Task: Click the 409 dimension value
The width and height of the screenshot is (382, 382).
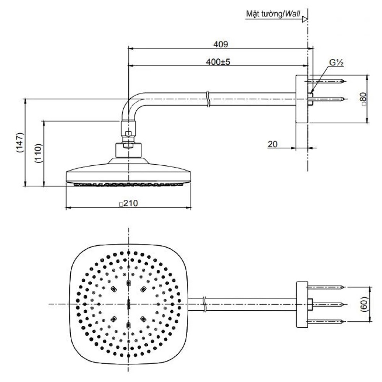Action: (221, 44)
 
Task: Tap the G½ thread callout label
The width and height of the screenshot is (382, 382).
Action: (336, 63)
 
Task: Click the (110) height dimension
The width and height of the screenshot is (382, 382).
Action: (39, 153)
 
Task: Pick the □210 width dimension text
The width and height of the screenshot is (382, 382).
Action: (128, 204)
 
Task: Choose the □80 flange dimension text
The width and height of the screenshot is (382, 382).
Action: (363, 99)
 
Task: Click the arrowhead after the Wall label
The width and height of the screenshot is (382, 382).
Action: (304, 18)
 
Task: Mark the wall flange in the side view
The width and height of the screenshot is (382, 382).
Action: (301, 99)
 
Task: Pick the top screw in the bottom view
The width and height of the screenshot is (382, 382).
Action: (327, 287)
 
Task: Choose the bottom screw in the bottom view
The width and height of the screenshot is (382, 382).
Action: (327, 320)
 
